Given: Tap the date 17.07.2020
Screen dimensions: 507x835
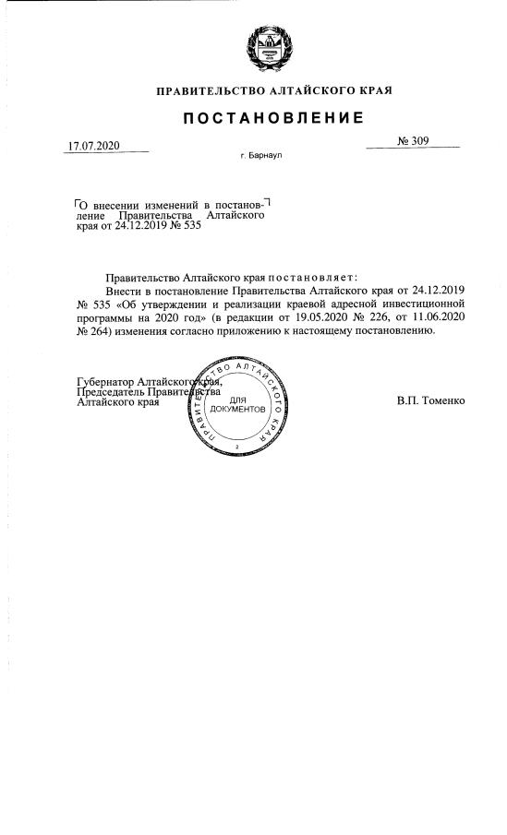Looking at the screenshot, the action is tap(94, 146).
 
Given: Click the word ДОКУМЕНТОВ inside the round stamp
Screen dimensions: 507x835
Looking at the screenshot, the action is tap(238, 409).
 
